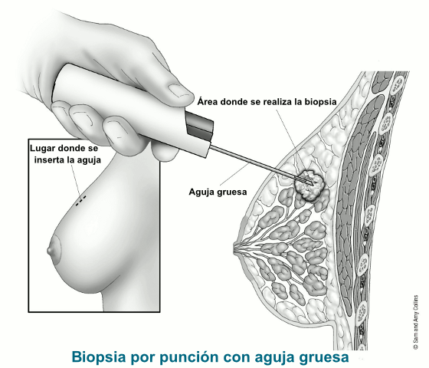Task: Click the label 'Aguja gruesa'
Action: click(x=218, y=192)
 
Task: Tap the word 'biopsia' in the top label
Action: click(x=320, y=102)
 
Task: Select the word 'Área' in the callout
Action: click(x=208, y=101)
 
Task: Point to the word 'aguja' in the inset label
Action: click(x=88, y=160)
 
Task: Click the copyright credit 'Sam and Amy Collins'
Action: click(x=415, y=322)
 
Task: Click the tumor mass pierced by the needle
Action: click(x=309, y=185)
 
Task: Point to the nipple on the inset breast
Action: click(x=50, y=250)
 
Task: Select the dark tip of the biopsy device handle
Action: click(x=199, y=127)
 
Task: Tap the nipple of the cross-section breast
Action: click(x=236, y=249)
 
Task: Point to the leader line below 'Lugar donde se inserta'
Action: click(x=77, y=180)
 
